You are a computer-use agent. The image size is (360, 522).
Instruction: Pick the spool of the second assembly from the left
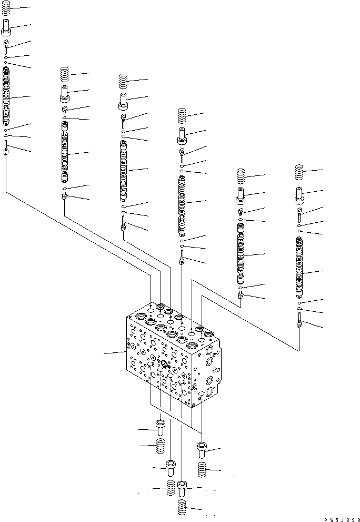point(64,153)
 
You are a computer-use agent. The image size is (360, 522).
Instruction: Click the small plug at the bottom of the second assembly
point(64,197)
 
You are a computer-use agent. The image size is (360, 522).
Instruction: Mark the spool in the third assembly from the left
point(123,171)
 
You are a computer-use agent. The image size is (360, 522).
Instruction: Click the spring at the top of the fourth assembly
point(182,115)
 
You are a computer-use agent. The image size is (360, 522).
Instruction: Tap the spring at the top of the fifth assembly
point(241,176)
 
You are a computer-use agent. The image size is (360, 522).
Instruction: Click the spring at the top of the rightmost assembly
point(300,172)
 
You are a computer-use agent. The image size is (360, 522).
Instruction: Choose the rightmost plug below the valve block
point(202,449)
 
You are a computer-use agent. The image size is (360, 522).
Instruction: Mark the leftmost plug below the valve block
point(160,426)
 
